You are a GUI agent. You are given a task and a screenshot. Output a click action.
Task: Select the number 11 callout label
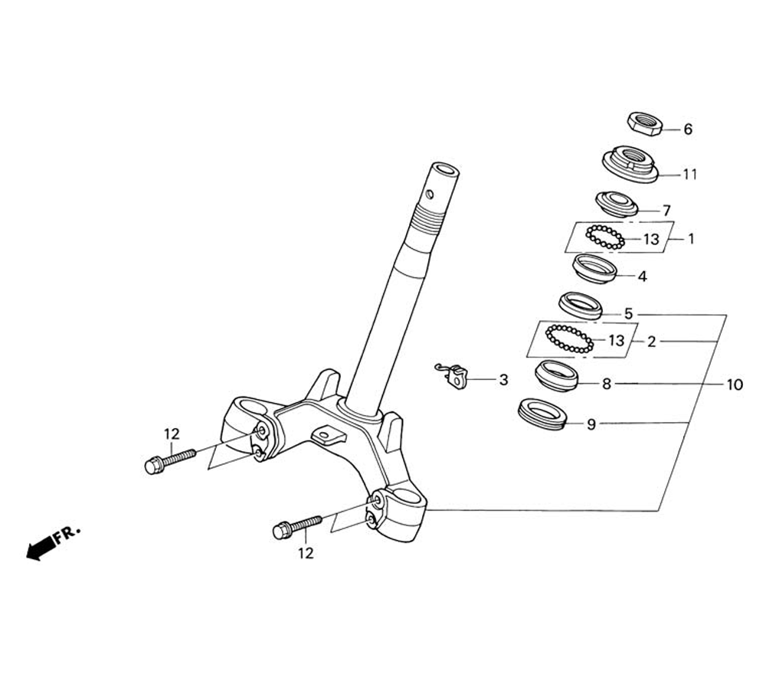point(690,175)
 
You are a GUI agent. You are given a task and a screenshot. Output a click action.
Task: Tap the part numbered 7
point(617,204)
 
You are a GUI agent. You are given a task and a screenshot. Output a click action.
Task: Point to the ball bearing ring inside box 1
point(605,237)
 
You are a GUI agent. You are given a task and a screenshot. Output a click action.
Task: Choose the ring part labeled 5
point(581,305)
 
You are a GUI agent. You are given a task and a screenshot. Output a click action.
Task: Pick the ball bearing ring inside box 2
point(568,339)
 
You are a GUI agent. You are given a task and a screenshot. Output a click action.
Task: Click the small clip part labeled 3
point(457,376)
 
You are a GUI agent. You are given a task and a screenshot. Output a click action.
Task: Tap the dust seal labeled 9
point(542,414)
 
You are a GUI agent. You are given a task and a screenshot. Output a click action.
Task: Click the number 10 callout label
point(734,384)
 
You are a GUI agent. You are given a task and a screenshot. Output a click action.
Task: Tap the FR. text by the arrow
point(67,534)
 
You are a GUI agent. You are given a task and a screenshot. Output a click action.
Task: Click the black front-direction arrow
point(38,548)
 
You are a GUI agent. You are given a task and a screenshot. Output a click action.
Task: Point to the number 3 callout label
point(503,380)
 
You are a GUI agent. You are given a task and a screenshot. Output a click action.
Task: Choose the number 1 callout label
point(690,239)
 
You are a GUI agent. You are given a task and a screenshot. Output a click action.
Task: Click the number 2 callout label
point(651,342)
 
